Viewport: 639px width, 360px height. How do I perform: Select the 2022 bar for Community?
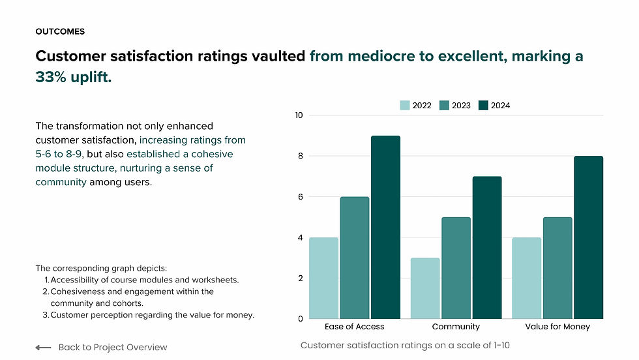425,288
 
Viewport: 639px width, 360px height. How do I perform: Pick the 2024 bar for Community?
486,247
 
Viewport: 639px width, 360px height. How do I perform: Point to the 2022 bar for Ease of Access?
323,278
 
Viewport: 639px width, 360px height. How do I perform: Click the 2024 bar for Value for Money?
588,237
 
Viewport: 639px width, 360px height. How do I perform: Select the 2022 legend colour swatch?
405,106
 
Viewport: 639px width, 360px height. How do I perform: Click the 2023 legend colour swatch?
445,106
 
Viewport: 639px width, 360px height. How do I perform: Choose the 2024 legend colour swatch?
483,106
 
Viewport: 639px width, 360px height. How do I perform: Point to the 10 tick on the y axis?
299,115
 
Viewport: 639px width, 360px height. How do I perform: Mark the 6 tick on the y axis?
301,197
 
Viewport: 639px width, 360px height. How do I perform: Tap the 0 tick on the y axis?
301,319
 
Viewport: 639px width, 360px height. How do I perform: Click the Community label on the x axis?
456,327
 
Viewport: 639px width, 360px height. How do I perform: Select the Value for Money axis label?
557,327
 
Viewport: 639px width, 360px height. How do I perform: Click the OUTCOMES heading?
60,31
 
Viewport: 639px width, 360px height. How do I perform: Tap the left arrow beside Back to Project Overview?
43,348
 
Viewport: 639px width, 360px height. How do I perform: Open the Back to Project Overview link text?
113,348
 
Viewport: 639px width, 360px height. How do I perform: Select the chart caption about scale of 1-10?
405,344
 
